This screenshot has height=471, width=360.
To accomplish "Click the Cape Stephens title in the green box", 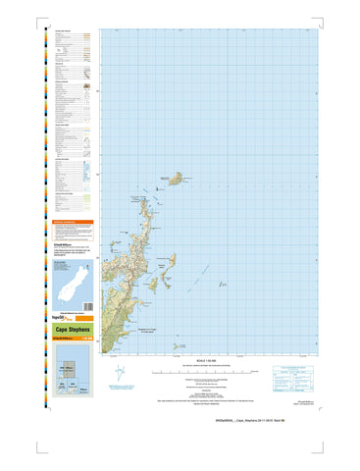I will point(68,330).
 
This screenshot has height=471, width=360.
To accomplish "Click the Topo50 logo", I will point(57,307).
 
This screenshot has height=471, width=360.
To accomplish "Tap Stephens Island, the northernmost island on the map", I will point(176,179).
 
